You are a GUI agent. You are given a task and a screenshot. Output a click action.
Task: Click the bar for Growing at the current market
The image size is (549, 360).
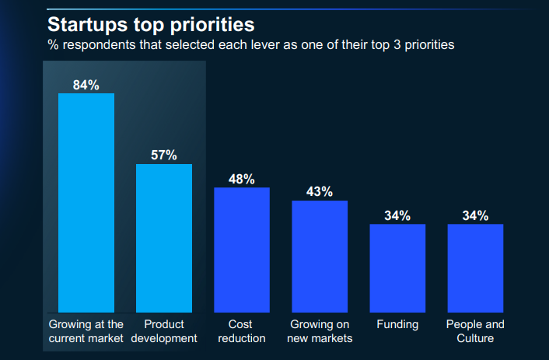(x=86, y=202)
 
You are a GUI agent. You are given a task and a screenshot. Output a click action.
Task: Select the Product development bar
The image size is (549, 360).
(x=164, y=237)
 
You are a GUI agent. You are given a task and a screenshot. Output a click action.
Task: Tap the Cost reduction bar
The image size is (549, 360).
(x=242, y=249)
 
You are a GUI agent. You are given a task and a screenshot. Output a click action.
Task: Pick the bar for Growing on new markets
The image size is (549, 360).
(x=320, y=256)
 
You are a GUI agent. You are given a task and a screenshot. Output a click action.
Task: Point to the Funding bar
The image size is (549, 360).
(x=397, y=267)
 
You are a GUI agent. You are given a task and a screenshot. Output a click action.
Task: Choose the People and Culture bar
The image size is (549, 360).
(x=475, y=267)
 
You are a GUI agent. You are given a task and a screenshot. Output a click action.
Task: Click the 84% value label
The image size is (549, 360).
(x=86, y=85)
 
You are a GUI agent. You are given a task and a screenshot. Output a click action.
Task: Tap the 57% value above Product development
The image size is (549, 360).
(x=164, y=155)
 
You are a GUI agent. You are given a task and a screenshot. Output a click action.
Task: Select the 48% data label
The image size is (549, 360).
(x=242, y=179)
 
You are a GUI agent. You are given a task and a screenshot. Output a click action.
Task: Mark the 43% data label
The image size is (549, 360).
(x=320, y=191)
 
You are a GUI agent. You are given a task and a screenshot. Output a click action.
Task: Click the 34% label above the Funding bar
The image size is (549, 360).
(x=397, y=215)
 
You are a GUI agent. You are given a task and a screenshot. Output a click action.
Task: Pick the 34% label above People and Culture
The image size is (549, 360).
(x=475, y=215)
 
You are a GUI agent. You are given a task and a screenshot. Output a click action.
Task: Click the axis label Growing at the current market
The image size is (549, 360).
(x=86, y=331)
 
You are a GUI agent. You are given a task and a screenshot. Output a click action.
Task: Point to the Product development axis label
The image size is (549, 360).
(x=164, y=331)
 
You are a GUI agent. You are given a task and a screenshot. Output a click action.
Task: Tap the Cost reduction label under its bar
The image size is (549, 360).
(x=242, y=331)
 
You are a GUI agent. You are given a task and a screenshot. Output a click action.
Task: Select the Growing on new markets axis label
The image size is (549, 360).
(x=320, y=331)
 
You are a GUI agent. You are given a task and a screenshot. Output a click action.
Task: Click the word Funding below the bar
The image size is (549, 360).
(x=397, y=324)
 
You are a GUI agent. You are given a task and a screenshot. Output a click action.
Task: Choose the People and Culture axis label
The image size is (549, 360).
(x=475, y=331)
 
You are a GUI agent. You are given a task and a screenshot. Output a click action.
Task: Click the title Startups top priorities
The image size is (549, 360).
(x=151, y=23)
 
